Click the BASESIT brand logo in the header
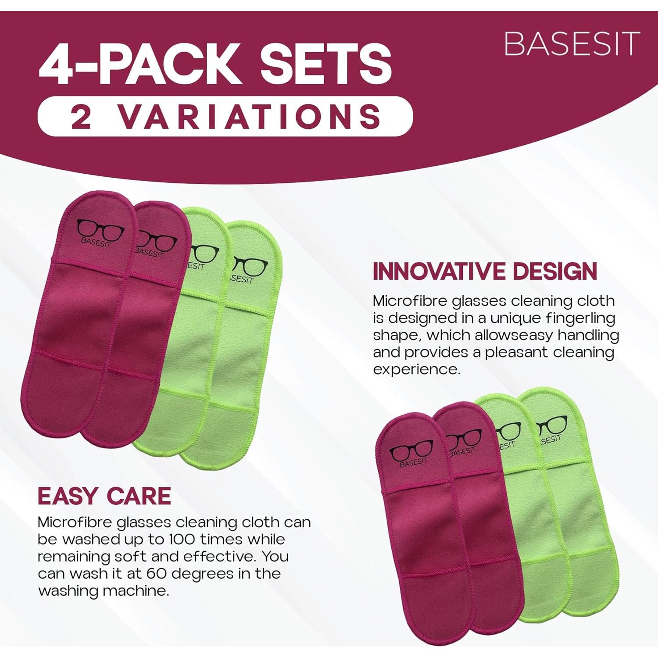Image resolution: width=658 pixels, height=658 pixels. [x=572, y=43]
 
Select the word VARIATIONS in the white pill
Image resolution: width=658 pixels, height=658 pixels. [x=250, y=117]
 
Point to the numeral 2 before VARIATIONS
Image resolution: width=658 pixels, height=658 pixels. [x=81, y=117]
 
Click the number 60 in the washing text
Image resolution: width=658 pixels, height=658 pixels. [x=156, y=573]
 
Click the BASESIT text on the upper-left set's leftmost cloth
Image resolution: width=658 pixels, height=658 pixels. [x=96, y=242]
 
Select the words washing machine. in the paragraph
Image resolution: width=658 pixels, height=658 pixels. [x=104, y=590]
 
